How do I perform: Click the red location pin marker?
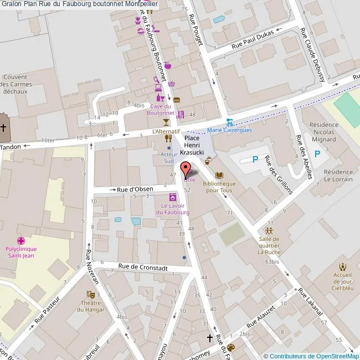pos(185,168)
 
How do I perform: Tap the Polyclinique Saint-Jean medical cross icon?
pos(21,241)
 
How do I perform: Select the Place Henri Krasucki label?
pos(194,145)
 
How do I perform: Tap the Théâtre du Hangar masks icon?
pos(90,294)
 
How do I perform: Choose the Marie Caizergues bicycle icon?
pos(229,122)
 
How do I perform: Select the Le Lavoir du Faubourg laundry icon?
pos(172,197)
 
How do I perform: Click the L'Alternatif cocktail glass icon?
pos(165,122)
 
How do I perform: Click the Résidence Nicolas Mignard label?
pos(323,132)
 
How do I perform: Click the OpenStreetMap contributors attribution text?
pos(311,356)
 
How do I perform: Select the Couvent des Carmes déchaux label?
pos(16,85)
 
